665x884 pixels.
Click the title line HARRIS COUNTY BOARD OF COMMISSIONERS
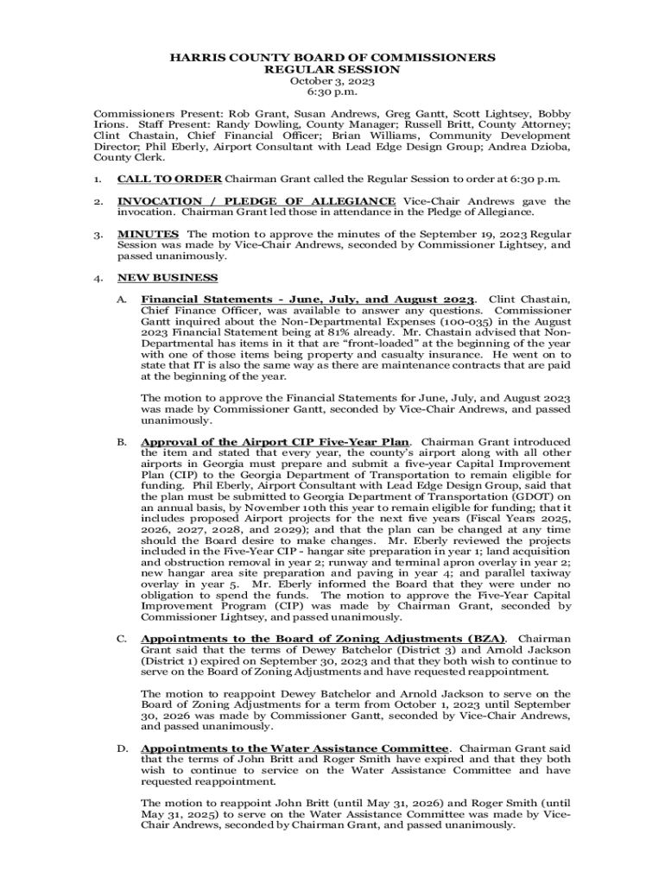[332, 58]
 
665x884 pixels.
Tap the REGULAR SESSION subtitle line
[332, 69]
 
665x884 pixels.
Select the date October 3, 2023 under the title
[332, 81]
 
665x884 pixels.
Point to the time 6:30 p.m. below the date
[332, 92]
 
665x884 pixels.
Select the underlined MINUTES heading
[149, 234]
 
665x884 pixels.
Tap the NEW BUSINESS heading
[168, 278]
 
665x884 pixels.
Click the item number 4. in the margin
[99, 278]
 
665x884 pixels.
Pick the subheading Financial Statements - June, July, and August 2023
[307, 300]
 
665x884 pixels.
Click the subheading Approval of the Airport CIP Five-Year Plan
[275, 442]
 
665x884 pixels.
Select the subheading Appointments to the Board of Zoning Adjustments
[323, 639]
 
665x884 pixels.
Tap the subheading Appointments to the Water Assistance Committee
[294, 748]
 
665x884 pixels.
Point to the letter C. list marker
[123, 639]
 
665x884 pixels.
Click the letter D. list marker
[123, 748]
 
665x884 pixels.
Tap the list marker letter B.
[123, 442]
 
